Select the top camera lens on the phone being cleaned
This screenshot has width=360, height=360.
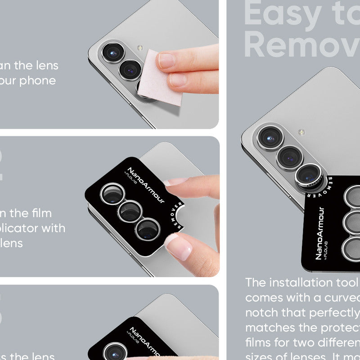coord(110,52)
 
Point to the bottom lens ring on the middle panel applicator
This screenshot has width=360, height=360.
coord(148,229)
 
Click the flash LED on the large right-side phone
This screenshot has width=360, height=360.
coord(301,132)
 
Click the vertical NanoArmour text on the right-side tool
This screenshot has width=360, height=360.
coord(319,233)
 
